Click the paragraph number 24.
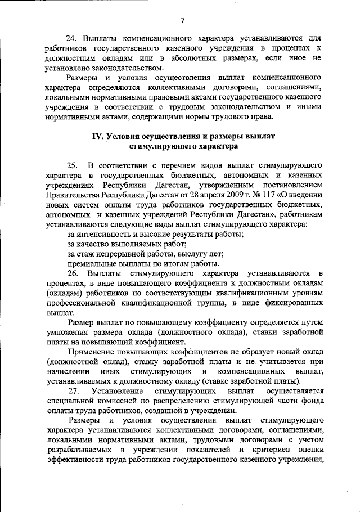(71, 39)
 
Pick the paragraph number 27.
(74, 390)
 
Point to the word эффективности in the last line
(79, 461)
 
